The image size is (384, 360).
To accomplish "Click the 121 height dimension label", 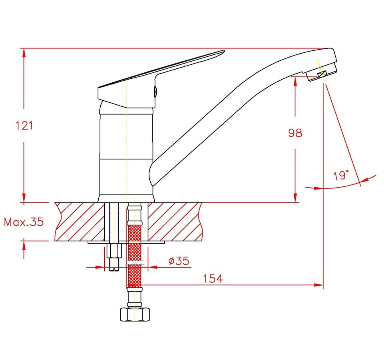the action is pyautogui.click(x=24, y=126).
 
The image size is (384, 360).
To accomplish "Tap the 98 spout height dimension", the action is pyautogui.click(x=295, y=133).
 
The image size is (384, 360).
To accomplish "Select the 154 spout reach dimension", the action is pyautogui.click(x=213, y=278).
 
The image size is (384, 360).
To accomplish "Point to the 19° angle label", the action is pyautogui.click(x=341, y=175).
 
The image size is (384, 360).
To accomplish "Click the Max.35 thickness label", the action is pyautogui.click(x=24, y=222).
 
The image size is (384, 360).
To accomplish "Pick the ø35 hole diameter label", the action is pyautogui.click(x=179, y=261).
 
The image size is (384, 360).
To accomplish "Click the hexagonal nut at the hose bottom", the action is pyautogui.click(x=135, y=314).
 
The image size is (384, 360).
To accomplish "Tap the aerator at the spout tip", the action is pyautogui.click(x=321, y=73).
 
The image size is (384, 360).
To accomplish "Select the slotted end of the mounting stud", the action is pyautogui.click(x=114, y=269).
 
